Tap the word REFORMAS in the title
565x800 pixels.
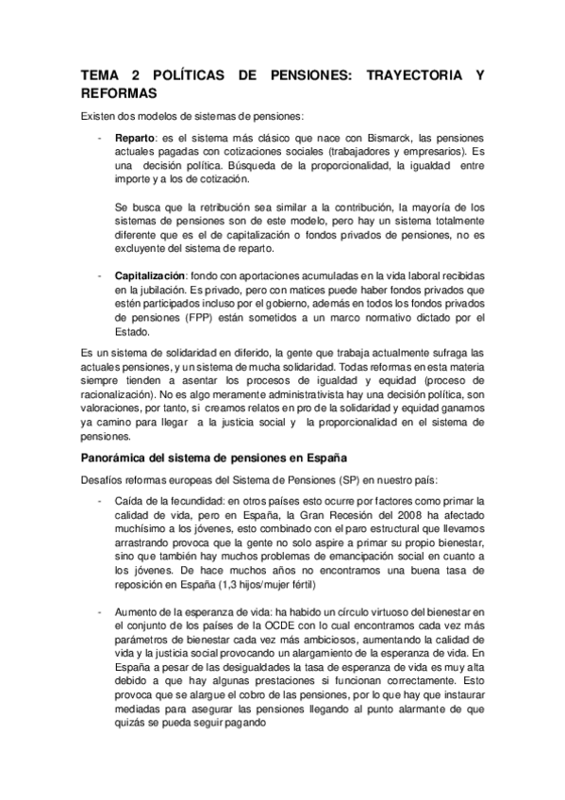click(118, 95)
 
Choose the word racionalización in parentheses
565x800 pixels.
click(126, 398)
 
